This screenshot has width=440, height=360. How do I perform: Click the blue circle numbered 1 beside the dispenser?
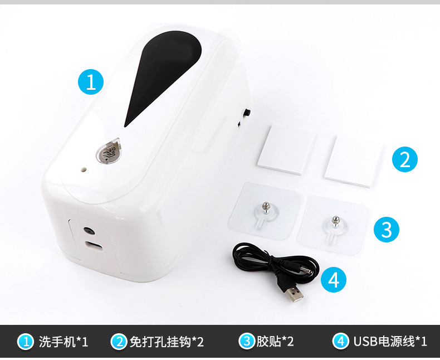pyautogui.click(x=91, y=82)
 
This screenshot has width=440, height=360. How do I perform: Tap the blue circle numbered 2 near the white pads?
pyautogui.click(x=405, y=159)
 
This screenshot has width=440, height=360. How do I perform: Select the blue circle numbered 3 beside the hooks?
pyautogui.click(x=387, y=229)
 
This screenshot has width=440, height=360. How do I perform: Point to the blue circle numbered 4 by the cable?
pyautogui.click(x=334, y=279)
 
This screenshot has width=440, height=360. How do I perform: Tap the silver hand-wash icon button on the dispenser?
pyautogui.click(x=108, y=153)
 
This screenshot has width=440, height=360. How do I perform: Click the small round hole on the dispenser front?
pyautogui.click(x=84, y=169)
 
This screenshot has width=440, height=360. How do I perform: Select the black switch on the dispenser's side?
pyautogui.click(x=247, y=113)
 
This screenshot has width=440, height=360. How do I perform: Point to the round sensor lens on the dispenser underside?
pyautogui.click(x=89, y=231)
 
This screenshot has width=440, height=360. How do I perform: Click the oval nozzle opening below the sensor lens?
pyautogui.click(x=94, y=246)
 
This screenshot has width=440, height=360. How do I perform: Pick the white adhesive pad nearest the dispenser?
pyautogui.click(x=286, y=149)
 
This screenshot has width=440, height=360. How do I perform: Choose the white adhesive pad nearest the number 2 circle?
pyautogui.click(x=353, y=162)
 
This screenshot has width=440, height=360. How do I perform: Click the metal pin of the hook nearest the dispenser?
pyautogui.click(x=265, y=207)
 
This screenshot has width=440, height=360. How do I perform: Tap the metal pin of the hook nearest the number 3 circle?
pyautogui.click(x=335, y=221)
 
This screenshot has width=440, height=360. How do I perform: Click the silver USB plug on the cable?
pyautogui.click(x=294, y=294)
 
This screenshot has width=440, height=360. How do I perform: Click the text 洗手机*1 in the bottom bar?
pyautogui.click(x=63, y=342)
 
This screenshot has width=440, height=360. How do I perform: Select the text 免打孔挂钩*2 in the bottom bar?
pyautogui.click(x=167, y=342)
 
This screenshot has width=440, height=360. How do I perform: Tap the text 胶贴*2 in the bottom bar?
pyautogui.click(x=275, y=342)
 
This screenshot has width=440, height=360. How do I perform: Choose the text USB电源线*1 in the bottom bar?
pyautogui.click(x=390, y=342)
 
